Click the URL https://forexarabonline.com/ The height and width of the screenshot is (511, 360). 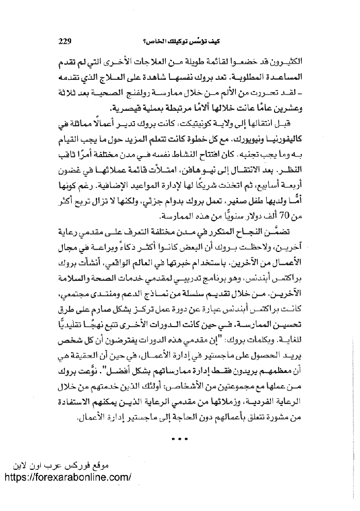coord(67,477)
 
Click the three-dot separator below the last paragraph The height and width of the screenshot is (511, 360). coord(181,439)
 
